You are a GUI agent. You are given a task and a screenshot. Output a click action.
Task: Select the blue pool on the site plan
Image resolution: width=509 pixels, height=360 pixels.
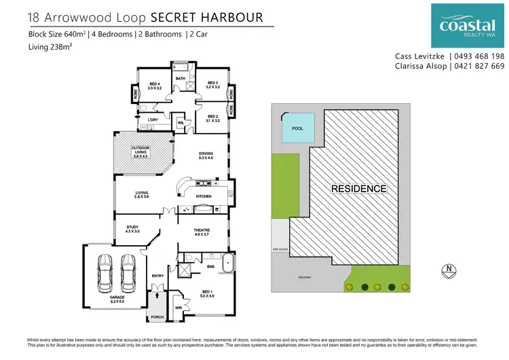tap(297, 128)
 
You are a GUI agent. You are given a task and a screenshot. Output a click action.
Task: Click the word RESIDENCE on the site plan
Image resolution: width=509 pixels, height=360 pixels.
tap(359, 189)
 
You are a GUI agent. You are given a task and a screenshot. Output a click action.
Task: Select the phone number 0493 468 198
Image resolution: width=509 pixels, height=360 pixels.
tap(479, 56)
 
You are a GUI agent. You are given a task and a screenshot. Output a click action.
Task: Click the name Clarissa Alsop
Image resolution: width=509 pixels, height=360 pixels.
tap(419, 67)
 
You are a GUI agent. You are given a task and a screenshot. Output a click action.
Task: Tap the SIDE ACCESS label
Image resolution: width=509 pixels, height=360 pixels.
tap(280, 250)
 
